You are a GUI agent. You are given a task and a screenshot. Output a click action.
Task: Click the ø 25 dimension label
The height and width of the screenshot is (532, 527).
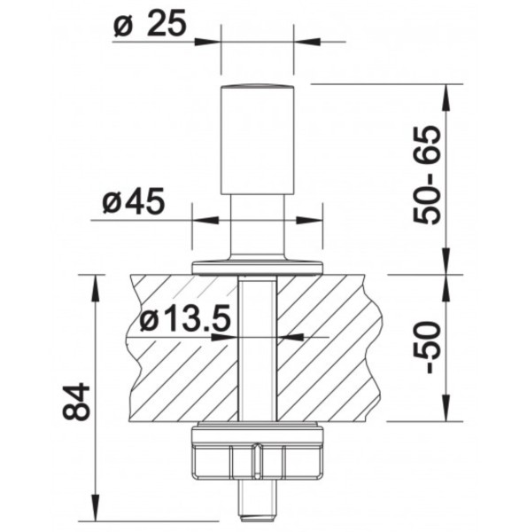pos(151,23)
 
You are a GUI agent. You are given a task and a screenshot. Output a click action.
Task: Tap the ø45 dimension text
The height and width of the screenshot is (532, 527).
pos(134,201)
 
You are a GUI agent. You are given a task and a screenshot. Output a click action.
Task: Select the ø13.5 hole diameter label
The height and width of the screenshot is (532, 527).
pos(185,319)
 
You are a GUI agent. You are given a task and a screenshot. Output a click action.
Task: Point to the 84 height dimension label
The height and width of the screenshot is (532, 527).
pos(76,402)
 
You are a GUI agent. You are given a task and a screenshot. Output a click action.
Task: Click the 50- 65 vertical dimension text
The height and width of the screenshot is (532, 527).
pos(427,175)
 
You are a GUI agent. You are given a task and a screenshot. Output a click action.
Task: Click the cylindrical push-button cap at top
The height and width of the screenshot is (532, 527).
pos(257,139)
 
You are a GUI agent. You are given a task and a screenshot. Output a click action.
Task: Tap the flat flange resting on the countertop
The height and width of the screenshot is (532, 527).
pos(257,268)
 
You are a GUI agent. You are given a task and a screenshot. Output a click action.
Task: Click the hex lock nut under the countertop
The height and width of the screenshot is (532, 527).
pos(257,453)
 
